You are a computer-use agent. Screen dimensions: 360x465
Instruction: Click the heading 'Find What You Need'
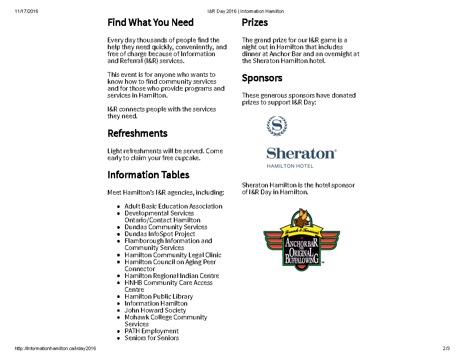click(151, 22)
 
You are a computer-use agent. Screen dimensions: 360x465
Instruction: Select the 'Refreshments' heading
click(137, 133)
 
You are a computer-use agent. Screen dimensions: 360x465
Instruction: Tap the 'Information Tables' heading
click(148, 175)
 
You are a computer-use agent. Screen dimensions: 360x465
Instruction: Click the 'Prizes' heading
click(254, 22)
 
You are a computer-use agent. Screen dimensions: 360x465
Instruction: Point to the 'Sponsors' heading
click(262, 78)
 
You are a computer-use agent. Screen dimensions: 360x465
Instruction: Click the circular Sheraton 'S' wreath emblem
click(277, 126)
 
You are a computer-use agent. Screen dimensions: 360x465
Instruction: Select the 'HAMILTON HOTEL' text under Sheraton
click(290, 166)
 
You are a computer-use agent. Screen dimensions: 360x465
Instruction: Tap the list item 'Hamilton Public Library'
click(158, 297)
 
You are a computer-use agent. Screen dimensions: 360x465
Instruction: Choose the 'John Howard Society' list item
click(155, 310)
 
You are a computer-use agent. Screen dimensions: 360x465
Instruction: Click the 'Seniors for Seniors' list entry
click(151, 338)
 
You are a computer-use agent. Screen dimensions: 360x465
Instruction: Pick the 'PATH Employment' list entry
click(151, 331)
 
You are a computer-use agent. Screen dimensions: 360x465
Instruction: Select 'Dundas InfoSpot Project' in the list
click(160, 234)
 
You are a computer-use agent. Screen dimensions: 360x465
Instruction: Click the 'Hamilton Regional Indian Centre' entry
click(172, 276)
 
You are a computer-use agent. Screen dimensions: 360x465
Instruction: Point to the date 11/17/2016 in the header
click(26, 12)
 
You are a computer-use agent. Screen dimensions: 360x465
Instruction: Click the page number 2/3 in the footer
click(446, 348)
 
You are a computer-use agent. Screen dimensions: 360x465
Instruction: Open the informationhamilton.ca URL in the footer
click(55, 348)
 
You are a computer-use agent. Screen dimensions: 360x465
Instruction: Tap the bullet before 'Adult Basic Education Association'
click(119, 207)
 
